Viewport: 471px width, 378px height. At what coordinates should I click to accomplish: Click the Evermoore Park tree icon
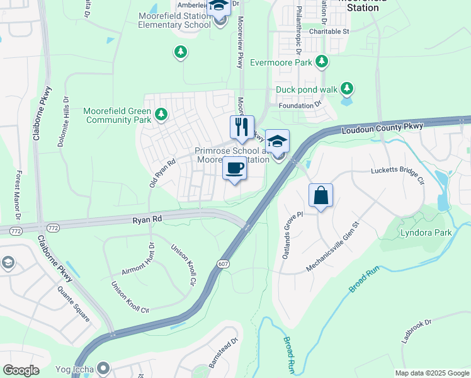tap(322, 62)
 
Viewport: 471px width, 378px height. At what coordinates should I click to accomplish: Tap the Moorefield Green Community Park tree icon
tap(161, 114)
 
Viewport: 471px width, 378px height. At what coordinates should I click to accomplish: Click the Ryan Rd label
tap(148, 219)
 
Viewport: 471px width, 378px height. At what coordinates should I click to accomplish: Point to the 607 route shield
tap(224, 263)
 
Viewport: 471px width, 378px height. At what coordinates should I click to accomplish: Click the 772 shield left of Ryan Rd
tap(16, 231)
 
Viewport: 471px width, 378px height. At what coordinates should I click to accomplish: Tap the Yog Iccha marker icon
tap(105, 367)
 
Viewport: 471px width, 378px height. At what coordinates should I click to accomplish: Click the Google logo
tap(21, 370)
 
